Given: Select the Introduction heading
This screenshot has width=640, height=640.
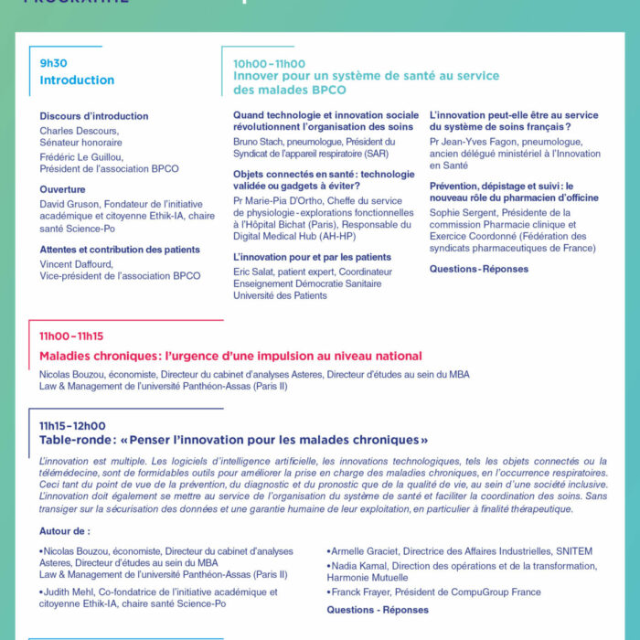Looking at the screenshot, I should (x=77, y=80).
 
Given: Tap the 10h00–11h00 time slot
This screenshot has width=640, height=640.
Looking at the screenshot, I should (x=269, y=63).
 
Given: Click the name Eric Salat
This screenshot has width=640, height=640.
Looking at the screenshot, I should (x=255, y=272).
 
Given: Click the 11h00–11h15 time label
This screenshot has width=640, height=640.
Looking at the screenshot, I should (x=71, y=336).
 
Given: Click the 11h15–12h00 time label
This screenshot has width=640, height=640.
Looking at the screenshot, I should (x=72, y=425).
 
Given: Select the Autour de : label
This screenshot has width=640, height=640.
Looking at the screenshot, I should (x=65, y=531).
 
